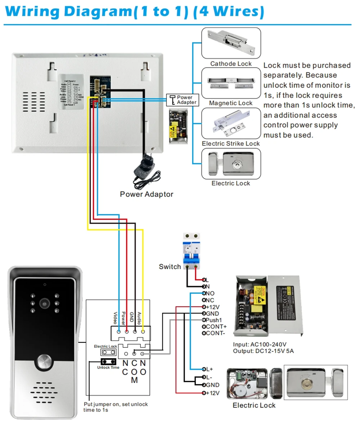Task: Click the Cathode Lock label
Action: [231, 64]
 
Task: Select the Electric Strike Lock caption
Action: [231, 144]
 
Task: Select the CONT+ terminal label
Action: [216, 327]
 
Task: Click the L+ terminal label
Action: [209, 369]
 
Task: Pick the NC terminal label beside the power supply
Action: [210, 300]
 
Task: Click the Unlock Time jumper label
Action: [108, 368]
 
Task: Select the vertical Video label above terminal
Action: [116, 317]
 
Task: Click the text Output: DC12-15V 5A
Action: [263, 351]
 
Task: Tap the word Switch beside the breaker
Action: [170, 267]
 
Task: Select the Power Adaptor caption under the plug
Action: [147, 194]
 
